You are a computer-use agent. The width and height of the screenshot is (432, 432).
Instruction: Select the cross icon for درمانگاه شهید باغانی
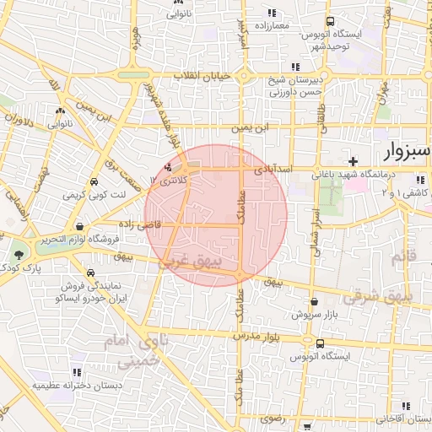(354, 160)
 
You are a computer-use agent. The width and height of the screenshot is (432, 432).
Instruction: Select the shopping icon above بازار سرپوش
(314, 300)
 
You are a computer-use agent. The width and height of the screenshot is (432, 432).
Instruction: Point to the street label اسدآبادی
(274, 170)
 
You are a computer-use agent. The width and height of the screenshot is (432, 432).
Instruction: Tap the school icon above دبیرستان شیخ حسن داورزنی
(294, 67)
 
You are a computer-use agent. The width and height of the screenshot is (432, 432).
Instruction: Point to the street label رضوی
(273, 418)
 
